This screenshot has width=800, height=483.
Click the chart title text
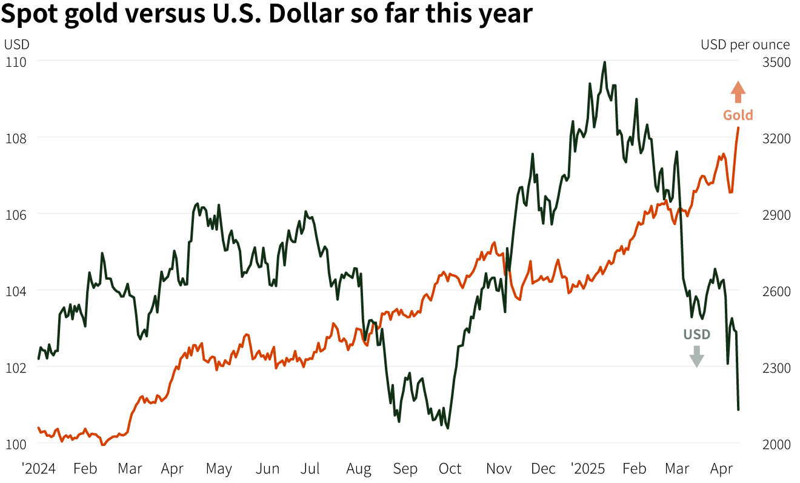266,15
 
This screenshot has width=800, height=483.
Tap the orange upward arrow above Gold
738,92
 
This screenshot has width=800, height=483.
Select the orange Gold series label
738,115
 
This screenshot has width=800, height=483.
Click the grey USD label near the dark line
696,334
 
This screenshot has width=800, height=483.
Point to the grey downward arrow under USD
697,356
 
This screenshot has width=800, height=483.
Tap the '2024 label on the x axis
39,469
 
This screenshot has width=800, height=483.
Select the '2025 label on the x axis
588,469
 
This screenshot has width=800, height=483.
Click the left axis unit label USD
16,44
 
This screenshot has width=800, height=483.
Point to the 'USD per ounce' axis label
745,44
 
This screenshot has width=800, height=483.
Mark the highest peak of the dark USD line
604,62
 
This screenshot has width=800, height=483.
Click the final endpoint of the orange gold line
738,128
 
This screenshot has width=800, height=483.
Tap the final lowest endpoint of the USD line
738,410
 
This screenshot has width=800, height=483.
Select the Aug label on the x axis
359,469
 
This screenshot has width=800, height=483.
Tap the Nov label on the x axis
499,469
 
